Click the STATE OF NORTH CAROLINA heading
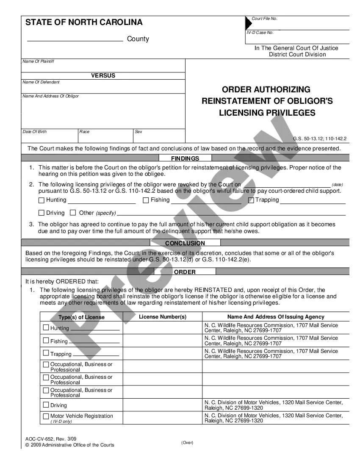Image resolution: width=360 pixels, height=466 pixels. coord(84,22)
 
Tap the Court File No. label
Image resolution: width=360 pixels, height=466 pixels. coord(264,19)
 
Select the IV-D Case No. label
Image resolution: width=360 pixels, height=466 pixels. coord(260,33)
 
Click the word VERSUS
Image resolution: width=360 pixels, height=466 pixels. coord(103,75)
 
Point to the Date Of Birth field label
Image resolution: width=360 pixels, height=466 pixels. coord(35,132)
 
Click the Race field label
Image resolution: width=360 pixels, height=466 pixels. coord(85,132)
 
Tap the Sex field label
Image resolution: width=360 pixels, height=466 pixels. coord(138,132)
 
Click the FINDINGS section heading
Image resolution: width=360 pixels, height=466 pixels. coord(185,158)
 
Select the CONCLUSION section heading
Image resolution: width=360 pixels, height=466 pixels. coord(185,243)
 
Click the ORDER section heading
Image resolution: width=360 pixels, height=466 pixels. coord(185,272)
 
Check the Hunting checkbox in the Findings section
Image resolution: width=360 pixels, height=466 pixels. coord(42,200)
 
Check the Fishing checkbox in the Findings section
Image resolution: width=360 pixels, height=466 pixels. coord(146,200)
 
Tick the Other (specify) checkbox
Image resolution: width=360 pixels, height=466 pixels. coord(73,213)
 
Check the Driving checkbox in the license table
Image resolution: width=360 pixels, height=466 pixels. coord(46,405)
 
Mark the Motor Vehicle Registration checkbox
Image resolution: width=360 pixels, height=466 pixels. coord(46,416)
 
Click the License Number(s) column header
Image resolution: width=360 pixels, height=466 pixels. coord(163,317)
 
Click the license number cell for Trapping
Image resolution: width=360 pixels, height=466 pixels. coord(163,353)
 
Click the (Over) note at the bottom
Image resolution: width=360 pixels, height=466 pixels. coord(187,443)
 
